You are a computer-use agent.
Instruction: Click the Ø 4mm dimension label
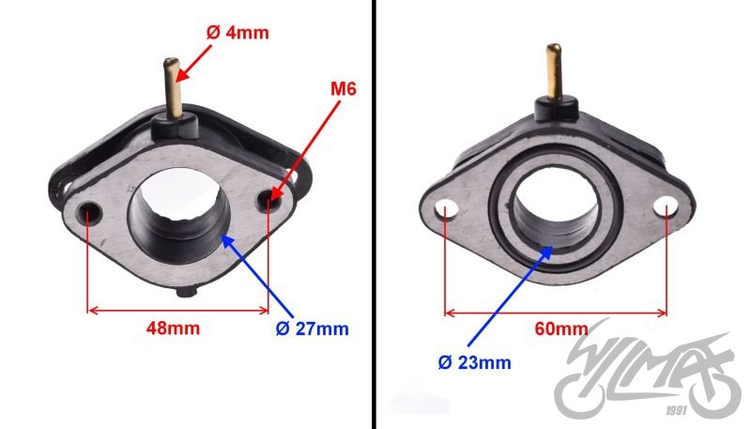tap(238, 33)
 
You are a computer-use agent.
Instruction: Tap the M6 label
tap(344, 88)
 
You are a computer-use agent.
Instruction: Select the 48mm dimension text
tap(173, 329)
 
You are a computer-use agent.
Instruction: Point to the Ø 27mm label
tap(313, 329)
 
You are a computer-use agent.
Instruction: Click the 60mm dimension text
tap(561, 329)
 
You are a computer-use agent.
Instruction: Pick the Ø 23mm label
tap(475, 362)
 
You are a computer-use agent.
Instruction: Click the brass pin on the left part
tap(174, 87)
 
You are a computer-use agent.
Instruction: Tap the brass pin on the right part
tap(555, 72)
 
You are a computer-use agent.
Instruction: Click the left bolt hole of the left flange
tap(90, 210)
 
